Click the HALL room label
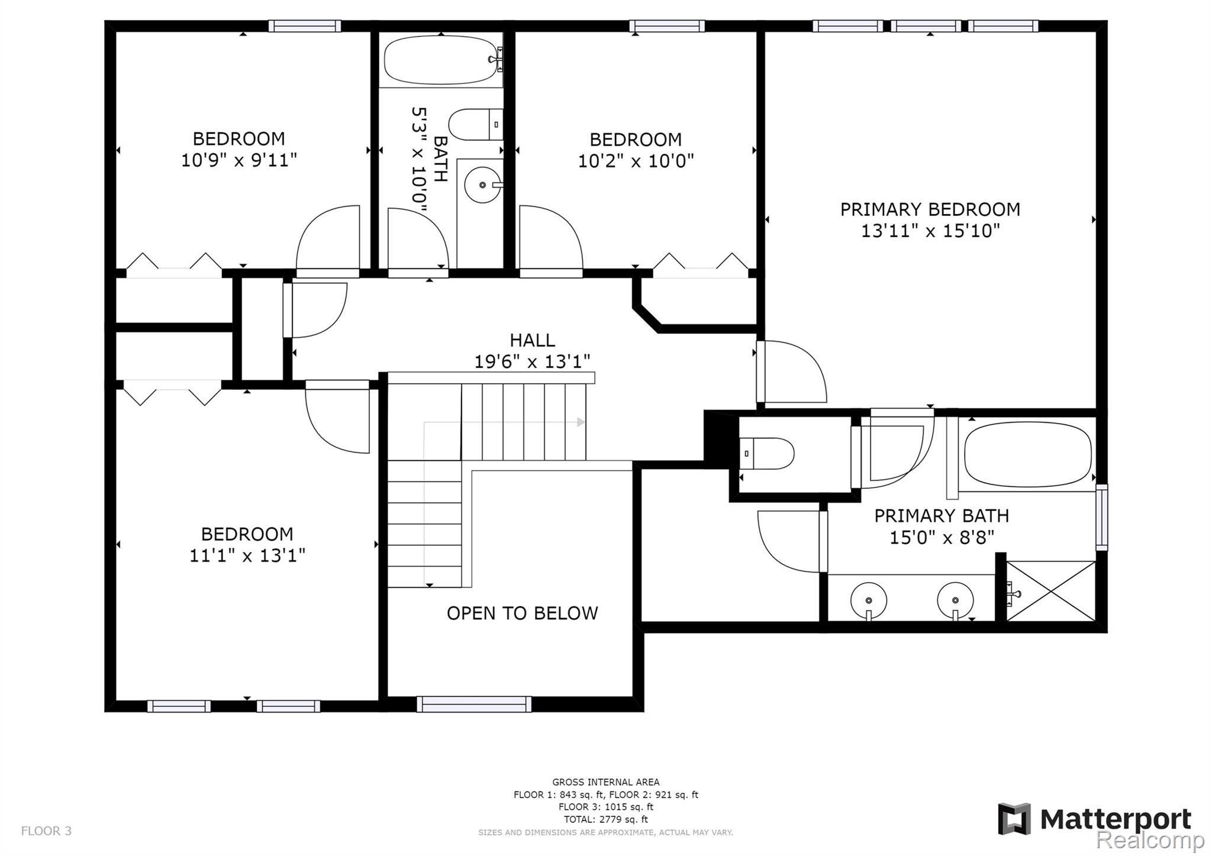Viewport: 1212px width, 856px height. [533, 340]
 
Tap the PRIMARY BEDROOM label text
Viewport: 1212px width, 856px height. [930, 209]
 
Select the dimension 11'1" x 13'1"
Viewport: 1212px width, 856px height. [247, 555]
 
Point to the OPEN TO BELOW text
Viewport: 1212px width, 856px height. [522, 613]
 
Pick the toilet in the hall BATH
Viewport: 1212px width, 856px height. [476, 124]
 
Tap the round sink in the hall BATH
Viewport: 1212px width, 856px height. [483, 185]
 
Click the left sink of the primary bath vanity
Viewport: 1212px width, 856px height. [869, 600]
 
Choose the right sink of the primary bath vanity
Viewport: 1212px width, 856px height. [955, 600]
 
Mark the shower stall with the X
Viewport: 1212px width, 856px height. [1051, 590]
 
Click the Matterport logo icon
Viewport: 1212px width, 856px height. [1014, 819]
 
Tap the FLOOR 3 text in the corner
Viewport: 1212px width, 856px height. [46, 831]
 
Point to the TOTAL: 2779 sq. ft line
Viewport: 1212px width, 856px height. [605, 819]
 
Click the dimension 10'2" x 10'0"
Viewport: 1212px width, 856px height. [636, 161]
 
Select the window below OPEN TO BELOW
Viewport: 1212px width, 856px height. [474, 704]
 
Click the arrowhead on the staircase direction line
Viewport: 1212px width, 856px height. [581, 422]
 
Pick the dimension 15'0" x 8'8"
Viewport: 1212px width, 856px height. [942, 538]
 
